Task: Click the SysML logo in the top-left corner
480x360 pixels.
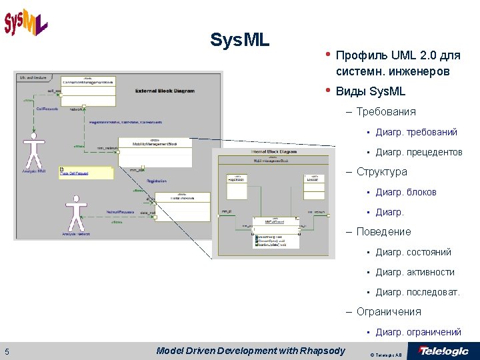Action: coord(25,22)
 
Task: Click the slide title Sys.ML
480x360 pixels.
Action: coord(239,40)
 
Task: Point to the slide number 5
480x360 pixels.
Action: coord(7,352)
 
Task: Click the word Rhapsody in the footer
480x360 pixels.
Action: coord(323,351)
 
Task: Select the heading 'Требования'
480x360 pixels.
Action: coord(385,111)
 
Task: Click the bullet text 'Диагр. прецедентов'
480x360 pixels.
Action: coord(419,152)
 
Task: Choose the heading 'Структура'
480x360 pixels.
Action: coord(381,171)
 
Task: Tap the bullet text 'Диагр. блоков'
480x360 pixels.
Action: coord(405,192)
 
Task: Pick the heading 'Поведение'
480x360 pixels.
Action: coord(383,231)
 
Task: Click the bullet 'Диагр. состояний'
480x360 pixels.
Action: coord(413,252)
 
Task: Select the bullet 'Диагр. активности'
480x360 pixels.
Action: coord(415,272)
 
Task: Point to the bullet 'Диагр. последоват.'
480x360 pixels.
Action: coord(417,292)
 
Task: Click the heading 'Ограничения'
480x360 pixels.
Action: coord(388,311)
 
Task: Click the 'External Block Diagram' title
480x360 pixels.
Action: coord(165,91)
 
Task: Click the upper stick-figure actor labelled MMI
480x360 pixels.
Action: coord(32,152)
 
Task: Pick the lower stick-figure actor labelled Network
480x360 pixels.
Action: coord(75,213)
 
